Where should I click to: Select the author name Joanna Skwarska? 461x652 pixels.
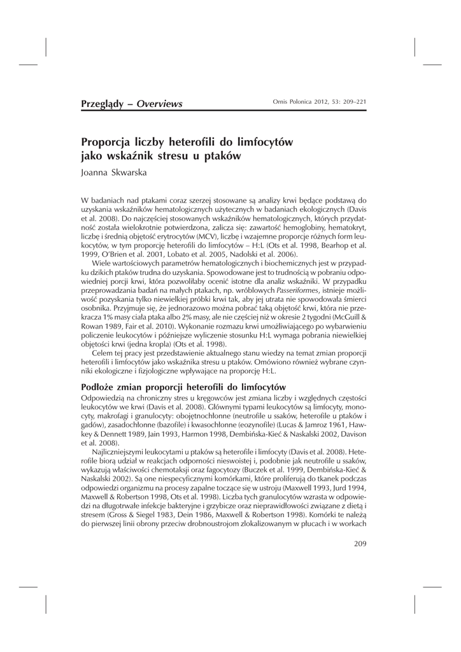[x=113, y=172]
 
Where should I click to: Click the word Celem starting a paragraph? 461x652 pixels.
[x=103, y=353]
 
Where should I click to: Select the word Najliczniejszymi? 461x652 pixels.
[x=122, y=451]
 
